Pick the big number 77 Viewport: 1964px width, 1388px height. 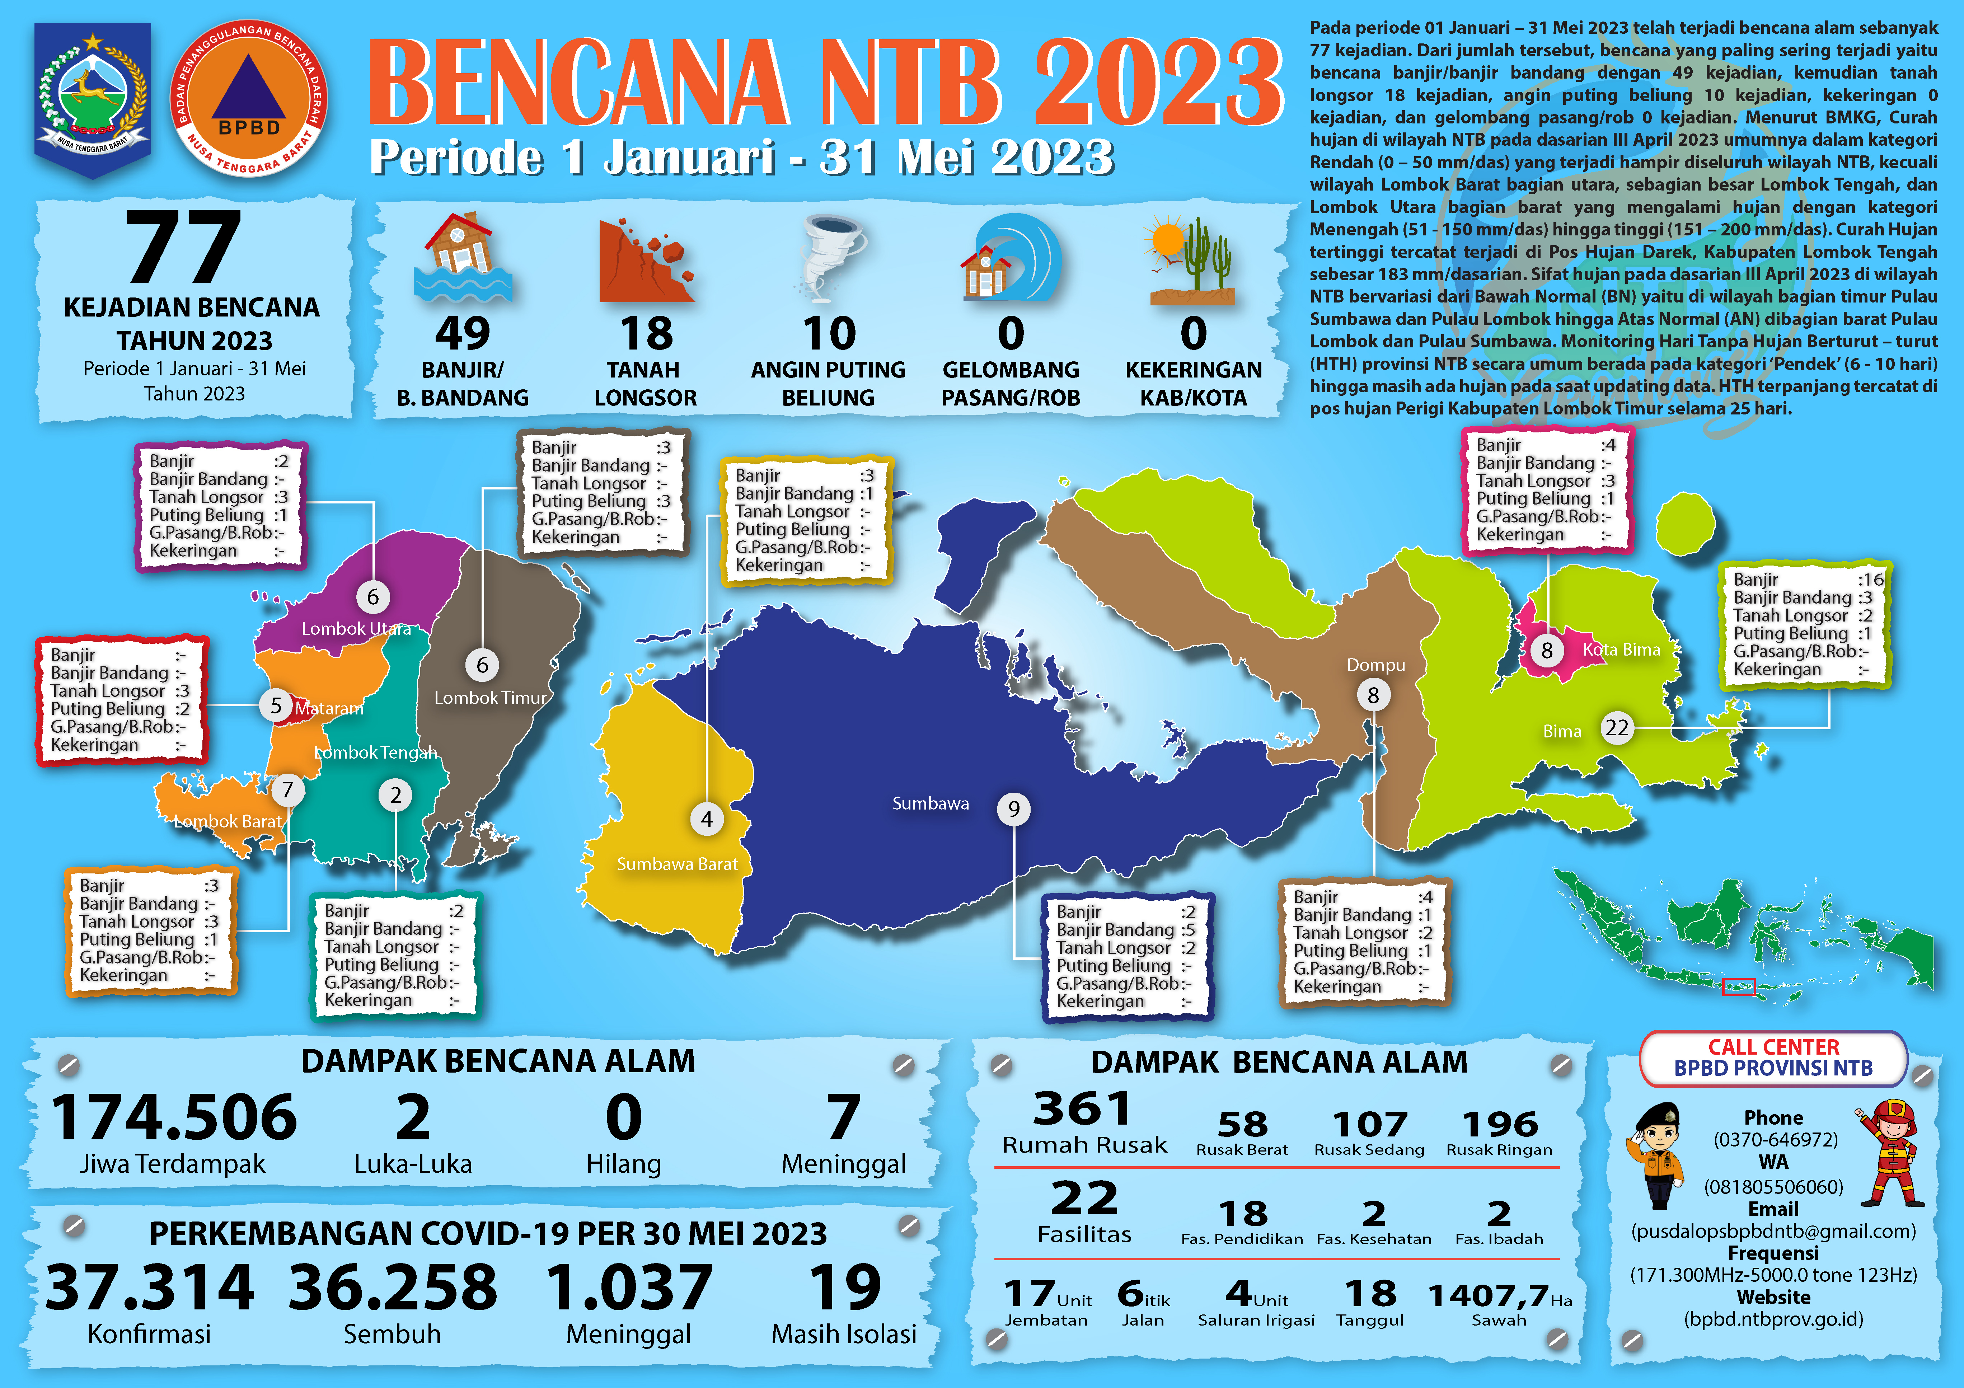click(x=184, y=248)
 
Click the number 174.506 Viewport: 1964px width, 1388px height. click(x=174, y=1117)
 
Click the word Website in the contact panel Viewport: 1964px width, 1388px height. click(x=1773, y=1297)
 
